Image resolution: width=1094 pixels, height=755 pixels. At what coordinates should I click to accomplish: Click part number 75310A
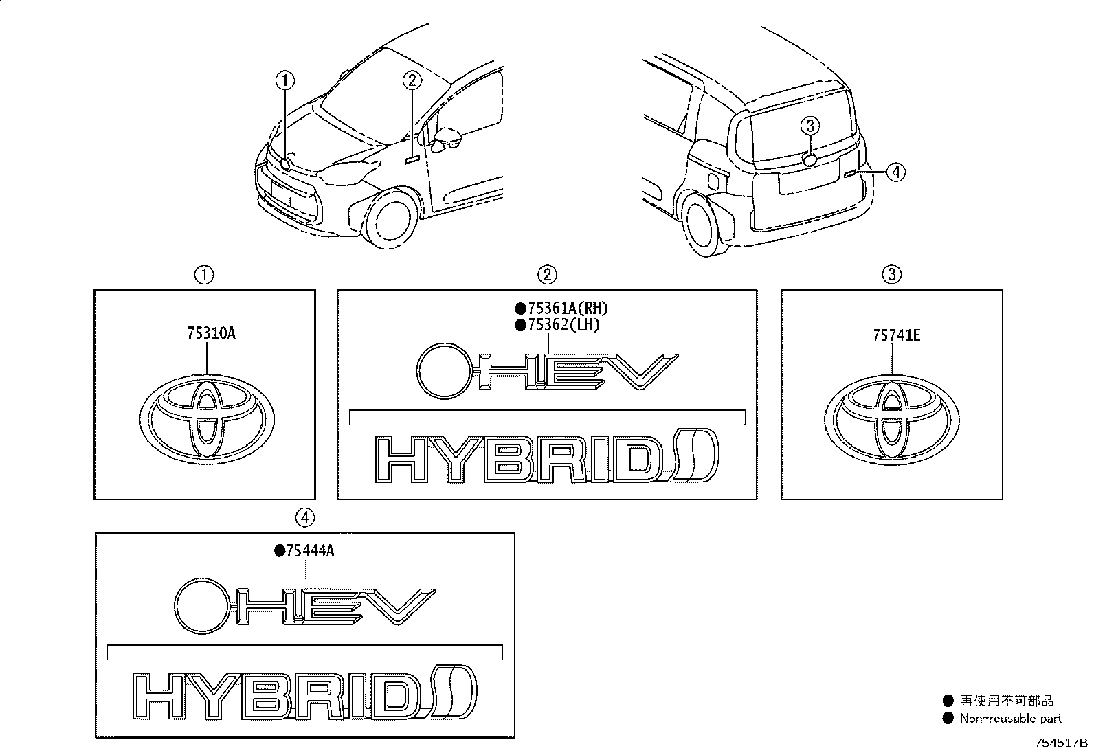click(x=211, y=333)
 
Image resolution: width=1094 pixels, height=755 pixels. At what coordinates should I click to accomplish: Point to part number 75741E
click(x=897, y=336)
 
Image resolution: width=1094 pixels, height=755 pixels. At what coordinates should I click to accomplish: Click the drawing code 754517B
click(x=1062, y=743)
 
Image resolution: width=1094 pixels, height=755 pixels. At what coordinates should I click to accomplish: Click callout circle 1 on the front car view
click(x=285, y=80)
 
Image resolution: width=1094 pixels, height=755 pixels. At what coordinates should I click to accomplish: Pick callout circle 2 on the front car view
click(x=412, y=80)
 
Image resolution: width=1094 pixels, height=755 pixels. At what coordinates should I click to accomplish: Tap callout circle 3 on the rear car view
click(x=810, y=126)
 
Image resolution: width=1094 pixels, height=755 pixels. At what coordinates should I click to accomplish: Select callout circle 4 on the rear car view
click(x=895, y=172)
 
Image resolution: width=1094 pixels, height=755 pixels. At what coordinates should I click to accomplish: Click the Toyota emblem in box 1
click(x=207, y=419)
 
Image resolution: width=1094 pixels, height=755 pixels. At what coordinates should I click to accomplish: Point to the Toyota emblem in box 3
click(x=892, y=420)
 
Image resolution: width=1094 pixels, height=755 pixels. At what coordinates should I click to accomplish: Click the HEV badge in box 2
click(x=547, y=371)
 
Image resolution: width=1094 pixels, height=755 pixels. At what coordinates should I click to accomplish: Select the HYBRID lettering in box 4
click(x=304, y=692)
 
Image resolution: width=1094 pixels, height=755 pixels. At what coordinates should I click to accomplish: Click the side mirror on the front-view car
click(x=448, y=137)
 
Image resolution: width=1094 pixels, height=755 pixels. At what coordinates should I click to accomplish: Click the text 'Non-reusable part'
click(x=1010, y=719)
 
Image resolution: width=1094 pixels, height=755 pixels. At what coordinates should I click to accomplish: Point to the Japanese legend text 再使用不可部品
click(x=1007, y=701)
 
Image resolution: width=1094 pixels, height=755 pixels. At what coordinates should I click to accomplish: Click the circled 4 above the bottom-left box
click(x=305, y=517)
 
